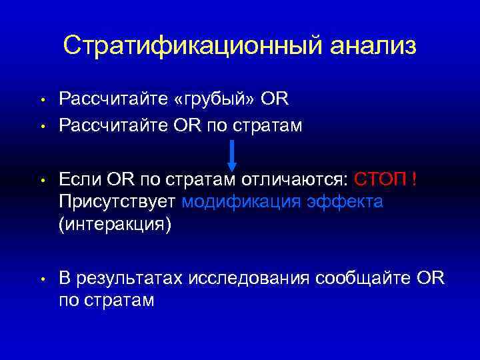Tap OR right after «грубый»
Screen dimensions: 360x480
click(275, 100)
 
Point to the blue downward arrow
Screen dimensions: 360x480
click(232, 155)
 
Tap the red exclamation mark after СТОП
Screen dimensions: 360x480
click(415, 179)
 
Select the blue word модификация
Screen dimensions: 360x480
click(243, 202)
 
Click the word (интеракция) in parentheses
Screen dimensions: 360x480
click(115, 225)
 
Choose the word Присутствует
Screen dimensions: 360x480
click(117, 202)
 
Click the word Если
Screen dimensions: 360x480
click(79, 179)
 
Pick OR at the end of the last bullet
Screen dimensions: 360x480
click(428, 278)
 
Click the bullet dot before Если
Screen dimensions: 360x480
click(41, 181)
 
